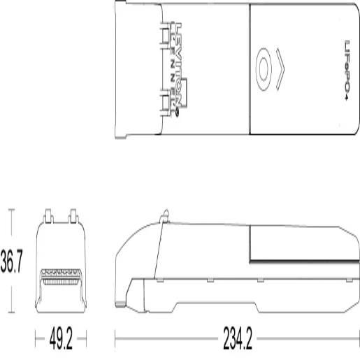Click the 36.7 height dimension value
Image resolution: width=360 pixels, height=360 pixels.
[12, 262]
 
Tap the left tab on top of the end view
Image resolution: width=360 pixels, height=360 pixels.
[50, 215]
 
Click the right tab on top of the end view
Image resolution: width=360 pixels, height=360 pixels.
[72, 215]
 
